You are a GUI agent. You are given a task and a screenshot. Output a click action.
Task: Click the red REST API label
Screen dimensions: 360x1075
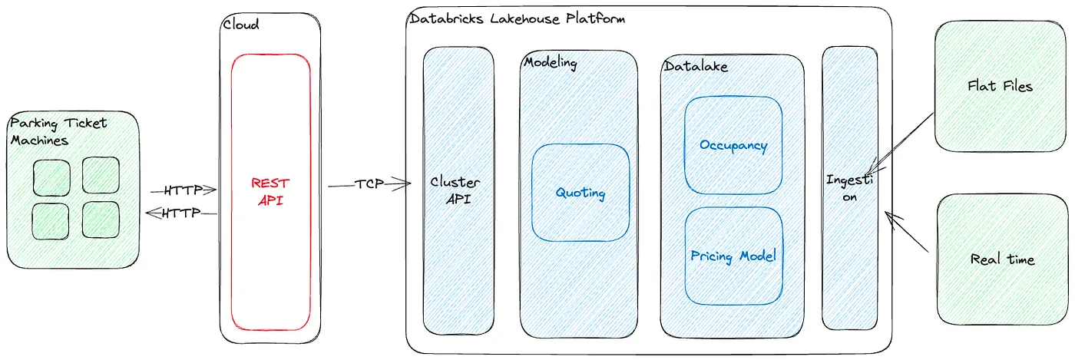(270, 192)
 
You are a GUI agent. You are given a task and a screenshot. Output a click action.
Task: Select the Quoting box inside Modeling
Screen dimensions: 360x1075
(580, 192)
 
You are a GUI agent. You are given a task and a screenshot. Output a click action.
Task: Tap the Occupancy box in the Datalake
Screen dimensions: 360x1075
(733, 145)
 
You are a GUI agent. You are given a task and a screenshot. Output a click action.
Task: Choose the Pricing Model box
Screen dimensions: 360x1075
(733, 256)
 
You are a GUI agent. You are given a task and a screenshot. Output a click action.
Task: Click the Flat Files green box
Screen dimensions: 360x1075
(1000, 86)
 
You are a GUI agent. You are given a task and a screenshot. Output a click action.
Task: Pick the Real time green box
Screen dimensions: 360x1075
(1001, 259)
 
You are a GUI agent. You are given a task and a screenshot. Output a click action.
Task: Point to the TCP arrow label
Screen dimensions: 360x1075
(369, 184)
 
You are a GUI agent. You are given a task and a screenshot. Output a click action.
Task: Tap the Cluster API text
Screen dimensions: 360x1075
(455, 191)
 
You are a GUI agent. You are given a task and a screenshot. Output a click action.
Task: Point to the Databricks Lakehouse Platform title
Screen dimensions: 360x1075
(517, 18)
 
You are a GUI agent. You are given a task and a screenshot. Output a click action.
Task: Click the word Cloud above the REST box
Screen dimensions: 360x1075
(241, 24)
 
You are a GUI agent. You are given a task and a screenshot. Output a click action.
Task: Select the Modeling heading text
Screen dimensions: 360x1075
(550, 62)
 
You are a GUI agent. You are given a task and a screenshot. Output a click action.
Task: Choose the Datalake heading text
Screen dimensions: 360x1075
(695, 67)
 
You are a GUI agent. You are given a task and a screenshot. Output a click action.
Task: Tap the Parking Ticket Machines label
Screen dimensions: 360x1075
(58, 131)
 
